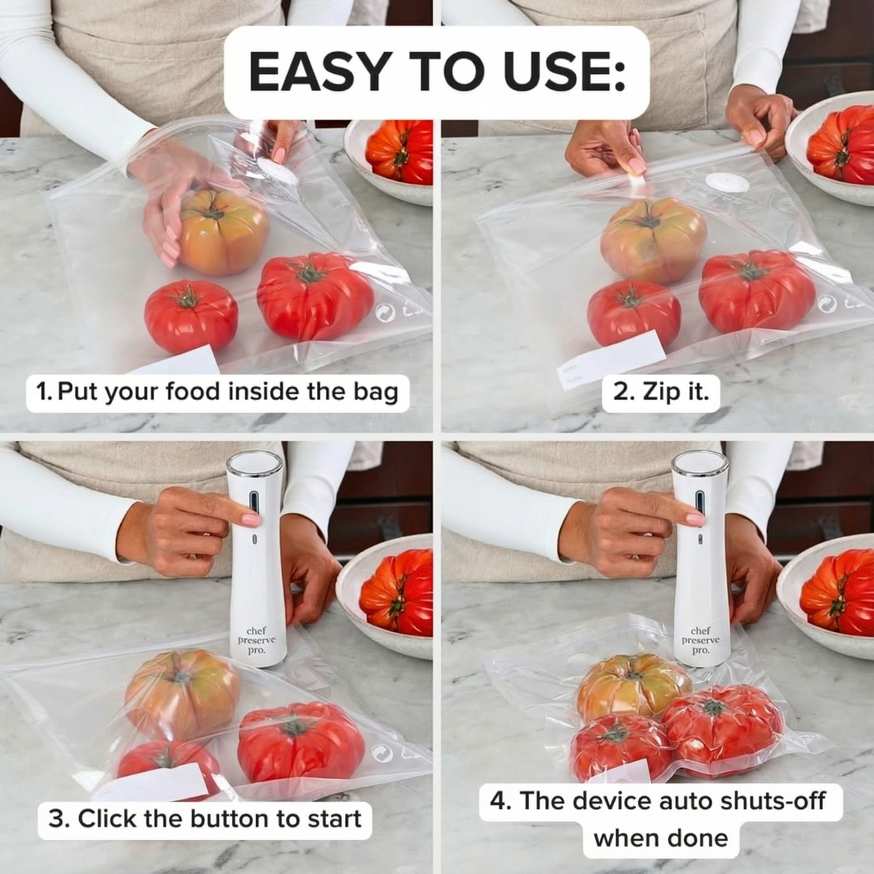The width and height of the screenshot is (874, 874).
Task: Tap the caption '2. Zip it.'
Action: coord(661,392)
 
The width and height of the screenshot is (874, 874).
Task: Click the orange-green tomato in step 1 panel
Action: coord(224,231)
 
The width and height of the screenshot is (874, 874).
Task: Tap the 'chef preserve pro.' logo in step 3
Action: coord(256,640)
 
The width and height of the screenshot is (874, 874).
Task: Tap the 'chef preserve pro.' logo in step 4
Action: coord(700,640)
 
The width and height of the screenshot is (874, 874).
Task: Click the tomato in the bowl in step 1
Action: coord(400,151)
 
